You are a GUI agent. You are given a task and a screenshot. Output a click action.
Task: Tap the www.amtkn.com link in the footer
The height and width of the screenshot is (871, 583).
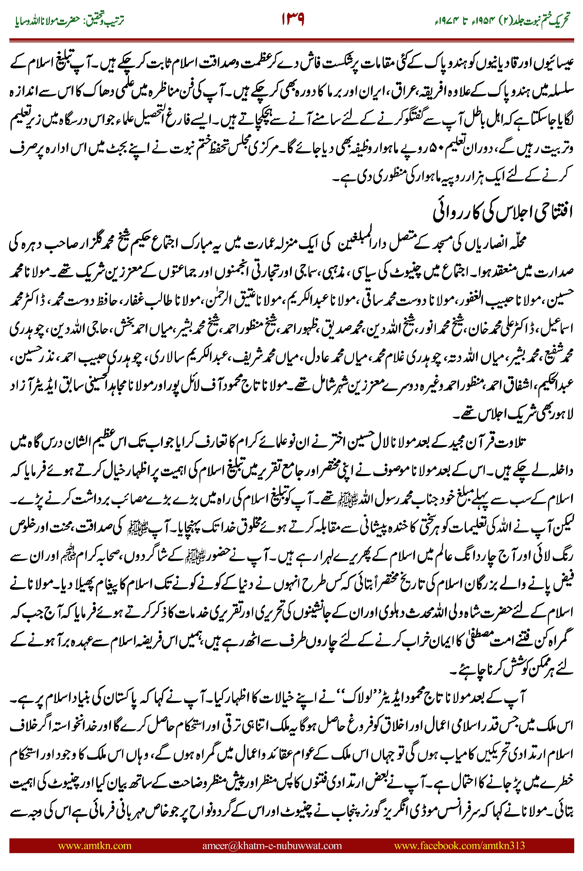(95, 845)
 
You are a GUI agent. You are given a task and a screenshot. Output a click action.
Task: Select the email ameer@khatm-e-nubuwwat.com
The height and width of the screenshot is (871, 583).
(272, 845)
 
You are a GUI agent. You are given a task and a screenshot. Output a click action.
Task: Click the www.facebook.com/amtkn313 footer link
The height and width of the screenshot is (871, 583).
(459, 845)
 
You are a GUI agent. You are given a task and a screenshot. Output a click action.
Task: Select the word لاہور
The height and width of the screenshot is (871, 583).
(562, 413)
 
